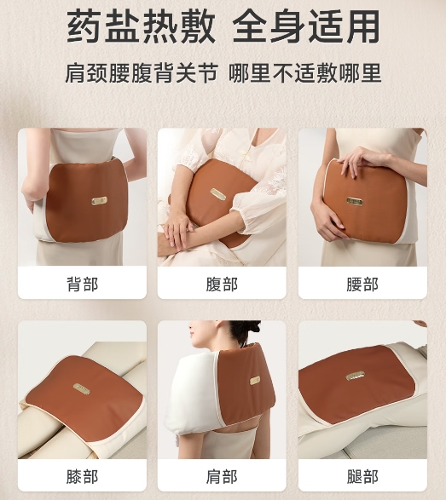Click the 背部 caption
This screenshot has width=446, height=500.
coord(82,284)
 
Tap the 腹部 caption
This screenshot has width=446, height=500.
coord(222,284)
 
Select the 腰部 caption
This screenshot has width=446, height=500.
coord(362,284)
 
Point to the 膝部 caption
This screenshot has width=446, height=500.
coord(82,476)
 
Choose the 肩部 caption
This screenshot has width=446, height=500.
coord(222,476)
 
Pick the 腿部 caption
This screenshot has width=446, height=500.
coord(362,476)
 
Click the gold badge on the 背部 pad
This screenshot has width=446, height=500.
coord(99,200)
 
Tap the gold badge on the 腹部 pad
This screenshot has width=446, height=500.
coord(217,194)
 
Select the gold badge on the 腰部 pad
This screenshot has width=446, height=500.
coord(355,201)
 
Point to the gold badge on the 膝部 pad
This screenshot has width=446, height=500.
coord(81,388)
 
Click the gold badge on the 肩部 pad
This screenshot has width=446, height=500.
coord(255,380)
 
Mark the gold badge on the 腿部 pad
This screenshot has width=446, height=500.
coord(356,376)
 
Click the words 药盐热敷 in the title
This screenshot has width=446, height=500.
coord(141,26)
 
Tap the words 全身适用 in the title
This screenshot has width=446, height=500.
coord(306,26)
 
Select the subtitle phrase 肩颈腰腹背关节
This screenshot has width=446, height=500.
coord(142,73)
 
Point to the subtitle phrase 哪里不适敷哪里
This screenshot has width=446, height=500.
coord(305,73)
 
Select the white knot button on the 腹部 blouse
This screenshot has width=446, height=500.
coord(246,153)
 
